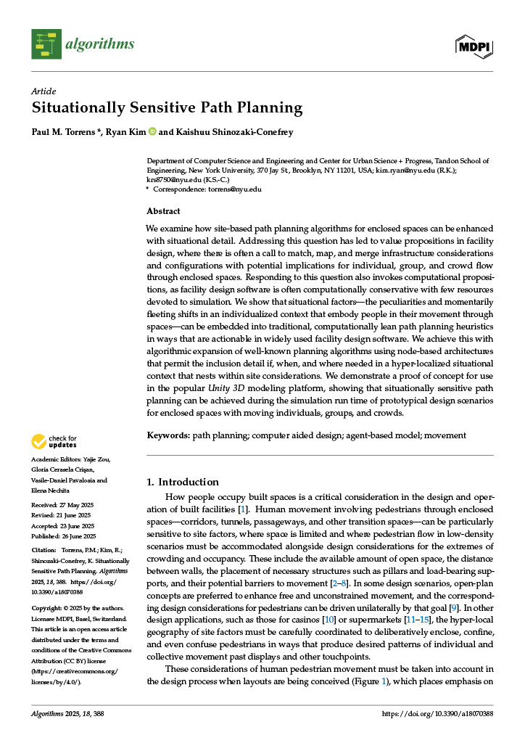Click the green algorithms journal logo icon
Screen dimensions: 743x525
coord(46,44)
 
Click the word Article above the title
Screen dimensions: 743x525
coord(44,91)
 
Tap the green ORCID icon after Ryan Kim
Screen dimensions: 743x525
coord(152,131)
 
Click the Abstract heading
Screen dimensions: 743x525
coord(163,211)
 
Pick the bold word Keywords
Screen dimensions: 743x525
coord(168,435)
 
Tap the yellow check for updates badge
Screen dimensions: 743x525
coord(54,441)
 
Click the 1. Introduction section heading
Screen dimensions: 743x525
coord(182,482)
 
